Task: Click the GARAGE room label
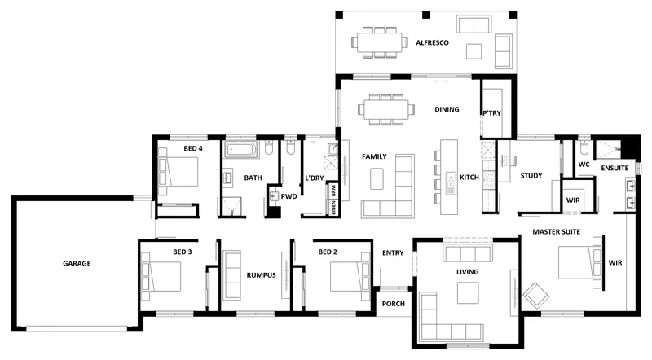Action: [x=77, y=263]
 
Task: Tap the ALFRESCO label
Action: [x=432, y=42]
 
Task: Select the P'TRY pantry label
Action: [x=491, y=113]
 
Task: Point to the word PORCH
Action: [x=393, y=304]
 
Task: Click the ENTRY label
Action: [x=393, y=252]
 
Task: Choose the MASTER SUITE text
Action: [x=556, y=231]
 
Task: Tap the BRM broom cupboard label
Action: [x=333, y=191]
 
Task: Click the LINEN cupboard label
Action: [x=333, y=208]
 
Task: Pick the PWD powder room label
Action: [x=289, y=196]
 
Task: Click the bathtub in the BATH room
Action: [x=241, y=149]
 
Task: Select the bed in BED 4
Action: [x=178, y=172]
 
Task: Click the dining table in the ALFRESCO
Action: [x=379, y=42]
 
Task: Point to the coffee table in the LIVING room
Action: [x=468, y=292]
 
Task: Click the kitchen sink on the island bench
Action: [x=452, y=183]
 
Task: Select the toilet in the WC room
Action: [x=584, y=147]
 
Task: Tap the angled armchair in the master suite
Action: [x=536, y=295]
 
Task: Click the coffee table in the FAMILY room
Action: [x=377, y=178]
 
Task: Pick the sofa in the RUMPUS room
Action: [x=231, y=274]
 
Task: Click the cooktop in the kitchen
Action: [x=488, y=179]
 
